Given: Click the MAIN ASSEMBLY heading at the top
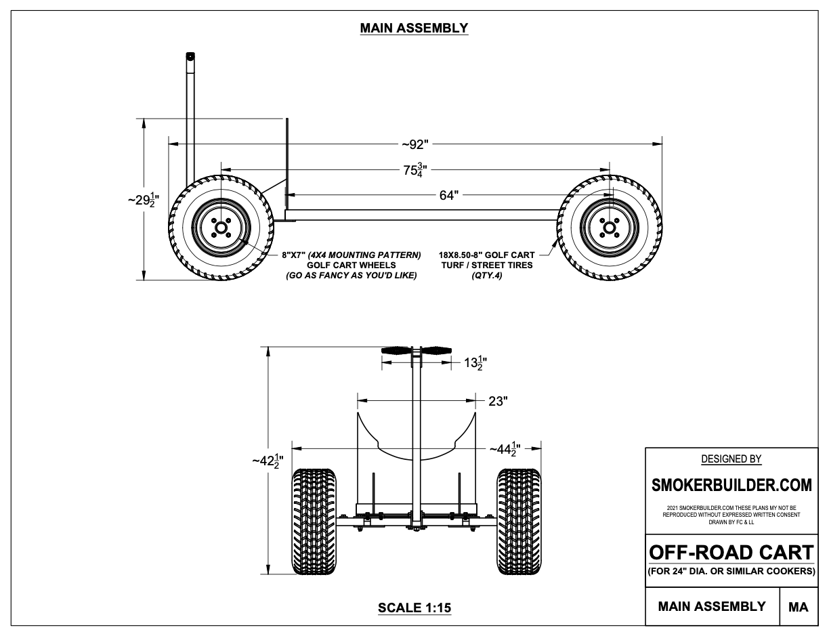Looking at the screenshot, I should (x=414, y=28).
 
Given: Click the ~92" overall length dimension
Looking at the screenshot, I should (x=414, y=144).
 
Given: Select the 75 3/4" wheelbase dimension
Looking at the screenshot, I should (x=414, y=170).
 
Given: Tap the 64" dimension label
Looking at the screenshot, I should (x=448, y=196).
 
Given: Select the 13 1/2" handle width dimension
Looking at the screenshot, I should (x=473, y=363).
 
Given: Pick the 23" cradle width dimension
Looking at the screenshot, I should (x=498, y=401).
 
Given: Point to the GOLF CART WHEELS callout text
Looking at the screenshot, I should (x=351, y=265).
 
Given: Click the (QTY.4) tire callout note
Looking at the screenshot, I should (x=486, y=276).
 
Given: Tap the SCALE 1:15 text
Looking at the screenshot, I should (x=414, y=608).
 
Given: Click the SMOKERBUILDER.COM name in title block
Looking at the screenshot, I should (x=731, y=486).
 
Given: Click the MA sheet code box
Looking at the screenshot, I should (x=799, y=607).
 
